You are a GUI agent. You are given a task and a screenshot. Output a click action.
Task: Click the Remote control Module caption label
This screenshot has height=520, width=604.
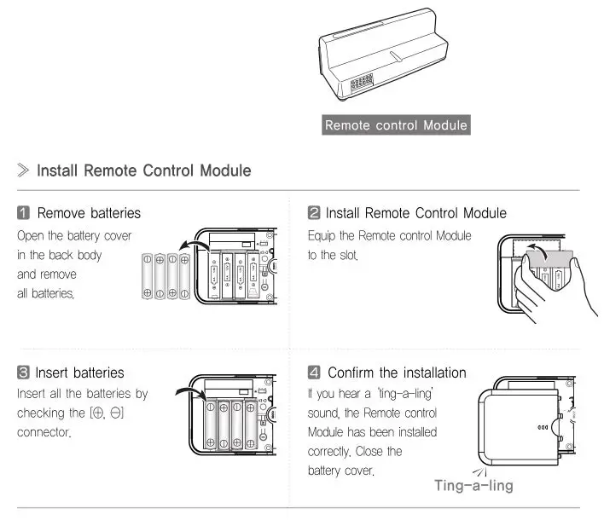click(396, 125)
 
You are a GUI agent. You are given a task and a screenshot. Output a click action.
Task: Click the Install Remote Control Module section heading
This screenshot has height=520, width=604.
click(143, 170)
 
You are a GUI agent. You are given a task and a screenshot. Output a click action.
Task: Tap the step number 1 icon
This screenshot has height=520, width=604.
click(24, 212)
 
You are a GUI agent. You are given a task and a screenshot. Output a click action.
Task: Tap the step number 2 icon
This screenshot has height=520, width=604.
click(314, 212)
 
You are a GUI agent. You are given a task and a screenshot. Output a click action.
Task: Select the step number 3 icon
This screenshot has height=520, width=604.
click(24, 373)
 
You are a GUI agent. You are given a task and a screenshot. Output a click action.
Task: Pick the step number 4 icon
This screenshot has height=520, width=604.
click(314, 373)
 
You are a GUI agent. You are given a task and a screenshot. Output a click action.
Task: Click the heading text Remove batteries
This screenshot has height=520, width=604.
click(90, 212)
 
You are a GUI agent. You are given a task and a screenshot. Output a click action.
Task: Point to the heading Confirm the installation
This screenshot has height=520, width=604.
click(397, 373)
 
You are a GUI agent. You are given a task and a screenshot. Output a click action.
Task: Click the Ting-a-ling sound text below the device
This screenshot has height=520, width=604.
click(473, 485)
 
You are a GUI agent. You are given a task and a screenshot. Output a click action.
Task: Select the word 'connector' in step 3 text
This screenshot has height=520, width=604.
click(44, 433)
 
